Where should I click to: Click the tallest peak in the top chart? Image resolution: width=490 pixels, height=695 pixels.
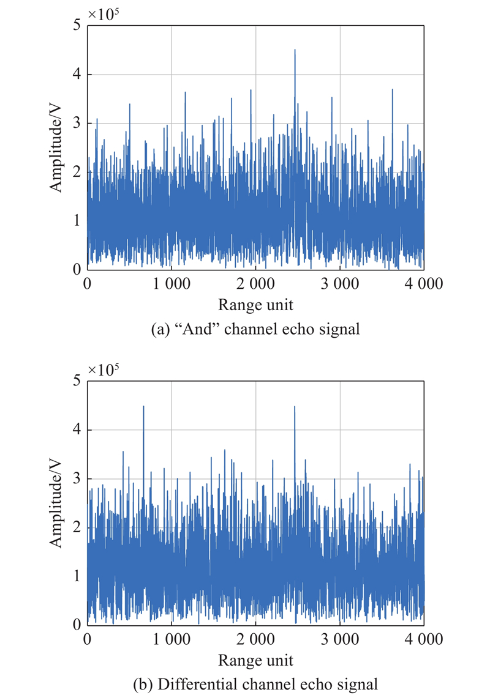[295, 50]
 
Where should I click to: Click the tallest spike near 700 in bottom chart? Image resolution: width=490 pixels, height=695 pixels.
[143, 406]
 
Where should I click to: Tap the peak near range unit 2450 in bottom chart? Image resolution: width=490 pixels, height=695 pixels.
[295, 407]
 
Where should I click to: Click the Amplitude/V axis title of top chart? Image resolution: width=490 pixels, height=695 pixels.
[56, 147]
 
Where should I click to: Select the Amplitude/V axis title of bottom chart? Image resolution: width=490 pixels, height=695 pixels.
[56, 503]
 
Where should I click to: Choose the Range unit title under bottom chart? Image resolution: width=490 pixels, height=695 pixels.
[255, 661]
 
